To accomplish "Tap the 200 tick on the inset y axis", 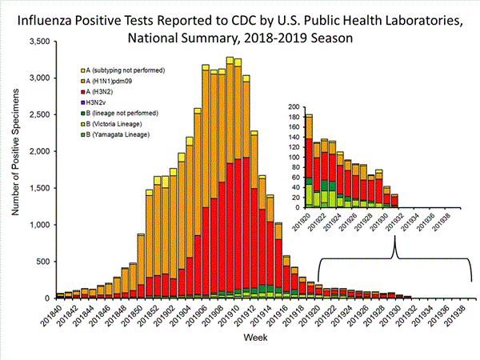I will click(x=295, y=106).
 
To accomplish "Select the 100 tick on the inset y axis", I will click(x=295, y=157).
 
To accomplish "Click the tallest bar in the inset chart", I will click(x=309, y=160).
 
